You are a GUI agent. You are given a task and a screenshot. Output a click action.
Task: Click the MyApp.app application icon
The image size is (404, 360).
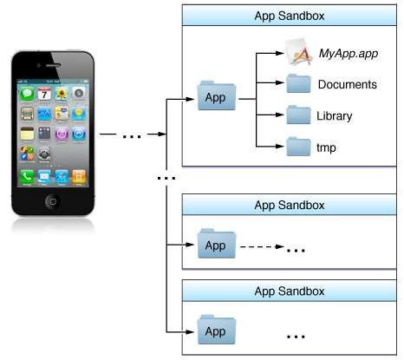point(298,51)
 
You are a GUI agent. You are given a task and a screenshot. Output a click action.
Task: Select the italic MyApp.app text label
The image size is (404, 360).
point(349,54)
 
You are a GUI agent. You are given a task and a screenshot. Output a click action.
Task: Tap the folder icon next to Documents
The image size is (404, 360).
point(298,83)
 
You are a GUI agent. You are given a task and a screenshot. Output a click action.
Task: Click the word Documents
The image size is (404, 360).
point(348,84)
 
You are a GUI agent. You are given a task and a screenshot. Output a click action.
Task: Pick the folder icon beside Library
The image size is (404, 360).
point(298,115)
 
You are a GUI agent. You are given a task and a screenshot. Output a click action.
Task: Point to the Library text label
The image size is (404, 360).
point(335,116)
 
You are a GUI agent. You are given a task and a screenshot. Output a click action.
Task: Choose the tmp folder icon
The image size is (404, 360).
point(298,147)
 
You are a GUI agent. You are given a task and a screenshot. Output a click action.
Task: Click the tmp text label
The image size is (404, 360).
point(326,147)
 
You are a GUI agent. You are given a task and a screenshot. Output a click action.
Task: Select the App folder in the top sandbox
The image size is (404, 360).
point(217,95)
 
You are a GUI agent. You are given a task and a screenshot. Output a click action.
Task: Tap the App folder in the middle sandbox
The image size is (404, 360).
point(217,244)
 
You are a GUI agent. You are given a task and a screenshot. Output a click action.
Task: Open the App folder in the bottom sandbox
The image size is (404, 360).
point(217,330)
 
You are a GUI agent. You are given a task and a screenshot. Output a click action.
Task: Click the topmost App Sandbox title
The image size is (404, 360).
point(290,16)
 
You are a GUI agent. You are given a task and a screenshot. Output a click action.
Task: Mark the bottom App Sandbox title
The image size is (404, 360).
point(290,291)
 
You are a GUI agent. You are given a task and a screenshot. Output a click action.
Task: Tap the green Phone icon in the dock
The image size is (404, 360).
point(27,176)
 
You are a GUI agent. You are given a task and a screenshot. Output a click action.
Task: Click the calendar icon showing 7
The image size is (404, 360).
point(44,94)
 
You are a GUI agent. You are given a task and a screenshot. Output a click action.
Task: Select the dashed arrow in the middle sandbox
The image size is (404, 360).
point(262,246)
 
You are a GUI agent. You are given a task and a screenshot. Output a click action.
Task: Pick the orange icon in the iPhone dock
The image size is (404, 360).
point(79,176)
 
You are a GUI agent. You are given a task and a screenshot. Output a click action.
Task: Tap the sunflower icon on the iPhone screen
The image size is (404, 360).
point(62,94)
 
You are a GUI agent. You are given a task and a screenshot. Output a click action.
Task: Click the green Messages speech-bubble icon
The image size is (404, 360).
point(27,94)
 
